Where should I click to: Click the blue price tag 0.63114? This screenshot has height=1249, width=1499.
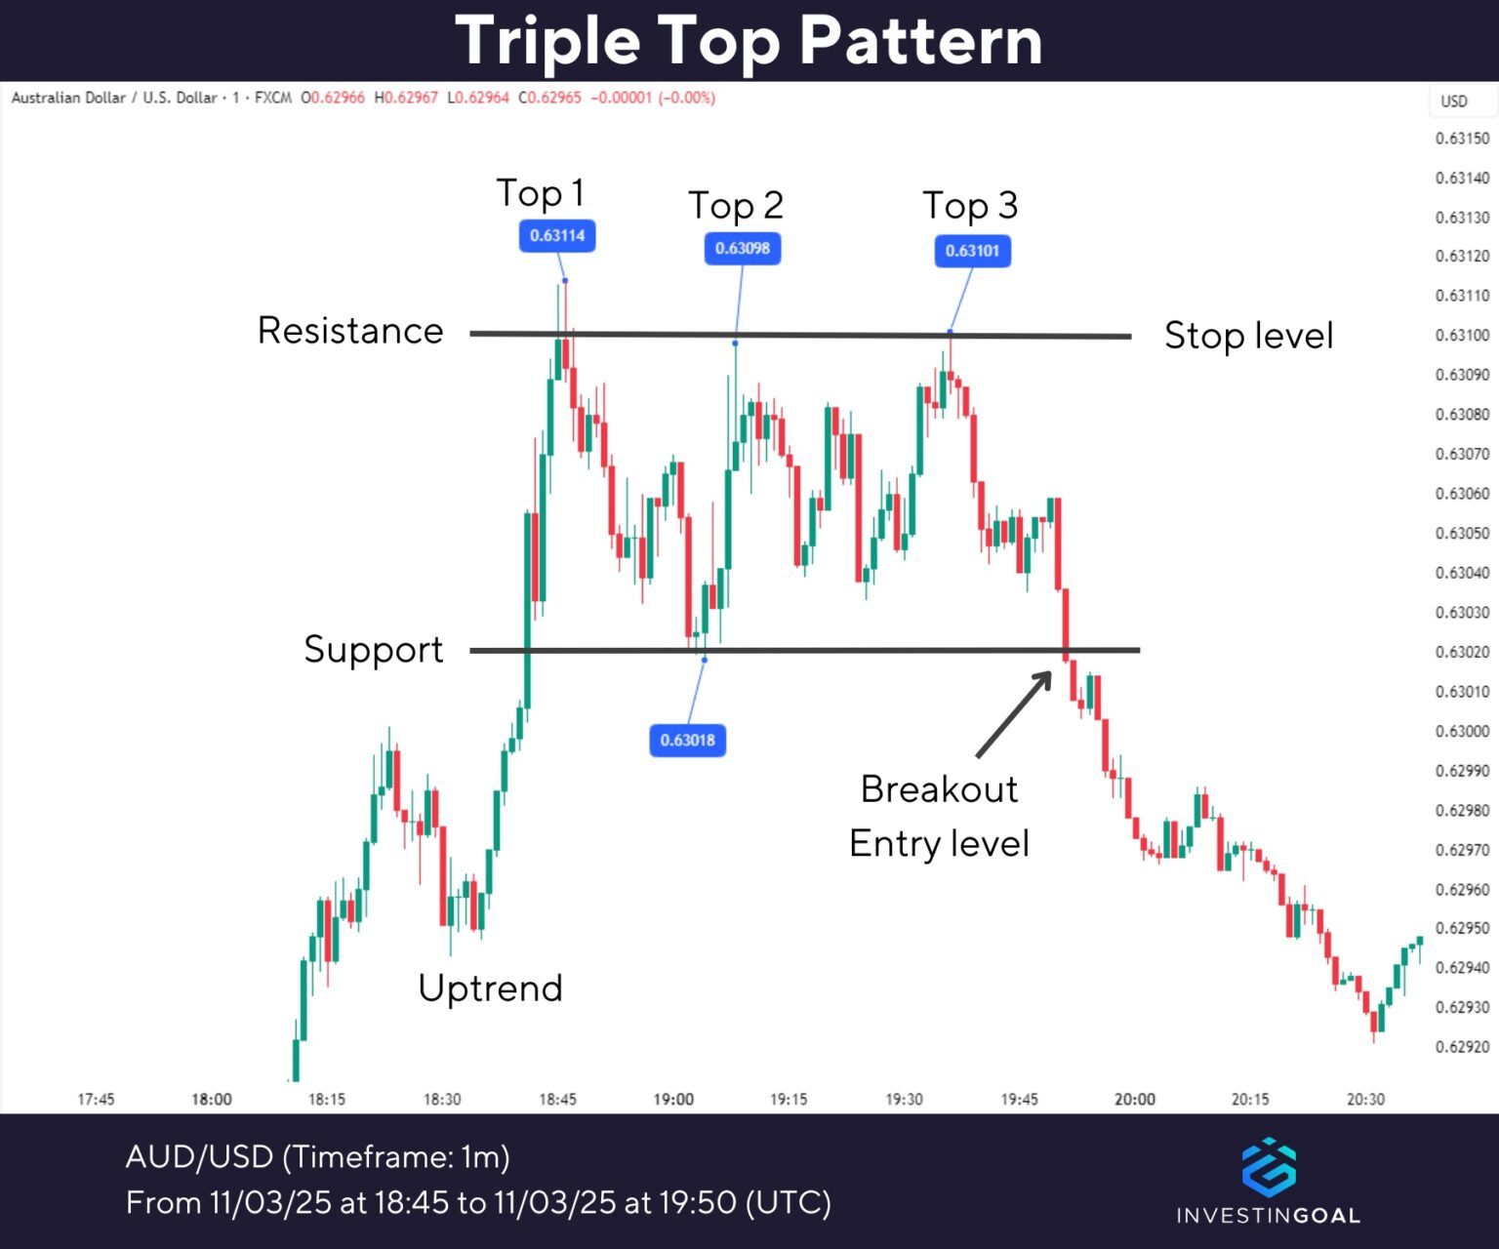click(557, 236)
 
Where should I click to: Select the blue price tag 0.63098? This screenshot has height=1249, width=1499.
click(743, 249)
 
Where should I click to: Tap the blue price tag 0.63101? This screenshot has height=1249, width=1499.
click(972, 251)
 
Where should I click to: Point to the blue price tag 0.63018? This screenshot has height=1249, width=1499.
click(687, 740)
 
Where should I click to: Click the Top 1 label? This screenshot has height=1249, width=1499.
click(540, 193)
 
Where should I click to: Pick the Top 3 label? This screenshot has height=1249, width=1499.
click(970, 206)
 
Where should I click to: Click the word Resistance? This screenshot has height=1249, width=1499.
click(350, 331)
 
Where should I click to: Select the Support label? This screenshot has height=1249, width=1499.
click(373, 650)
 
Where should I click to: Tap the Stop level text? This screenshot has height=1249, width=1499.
click(1248, 336)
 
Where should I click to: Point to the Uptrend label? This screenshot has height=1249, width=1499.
click(490, 988)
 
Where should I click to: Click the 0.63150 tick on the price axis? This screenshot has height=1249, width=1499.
click(1462, 139)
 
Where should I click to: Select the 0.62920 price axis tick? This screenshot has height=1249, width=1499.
click(1462, 1047)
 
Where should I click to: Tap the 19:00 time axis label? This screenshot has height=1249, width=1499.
click(673, 1100)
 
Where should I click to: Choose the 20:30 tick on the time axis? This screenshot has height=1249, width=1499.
click(1365, 1100)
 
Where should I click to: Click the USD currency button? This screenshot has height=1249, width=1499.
click(1454, 101)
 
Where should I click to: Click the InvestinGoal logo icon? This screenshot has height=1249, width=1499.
click(1269, 1167)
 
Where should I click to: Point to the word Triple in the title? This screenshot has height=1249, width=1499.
click(547, 41)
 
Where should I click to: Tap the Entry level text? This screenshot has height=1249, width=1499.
click(939, 844)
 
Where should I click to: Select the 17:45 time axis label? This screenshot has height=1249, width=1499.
click(96, 1100)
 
